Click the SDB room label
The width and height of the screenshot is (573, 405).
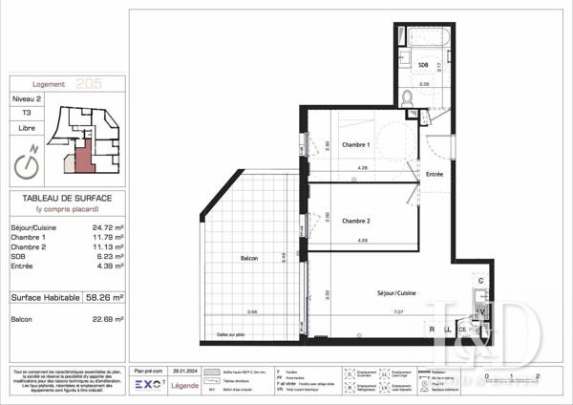click(423, 64)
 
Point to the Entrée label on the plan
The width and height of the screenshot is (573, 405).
click(435, 175)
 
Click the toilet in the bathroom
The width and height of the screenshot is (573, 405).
click(408, 96)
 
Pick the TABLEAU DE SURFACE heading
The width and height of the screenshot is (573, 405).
click(67, 197)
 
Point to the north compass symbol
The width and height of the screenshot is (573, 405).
click(29, 162)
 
